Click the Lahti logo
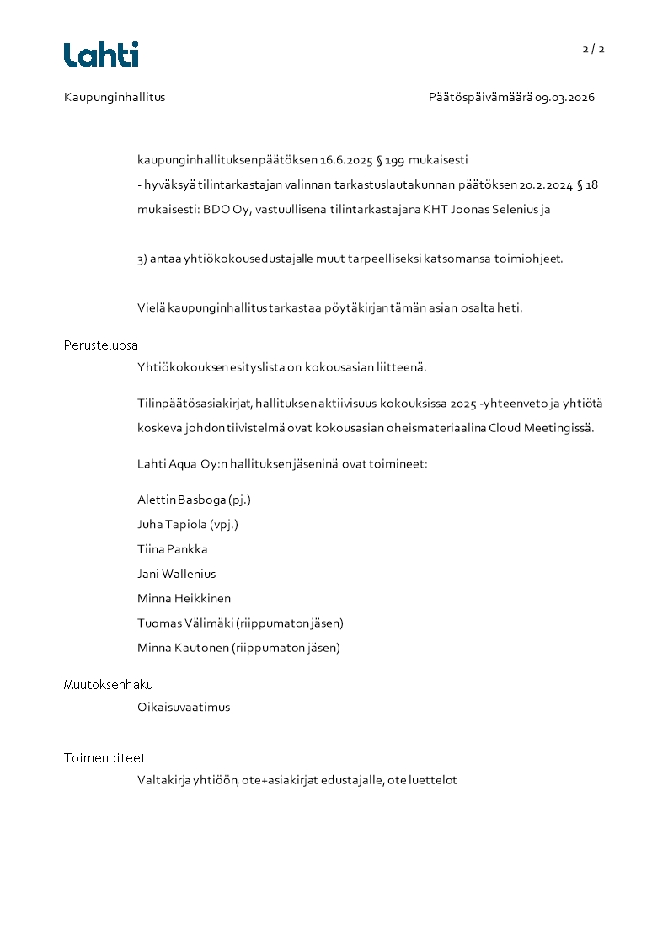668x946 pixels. [x=101, y=55]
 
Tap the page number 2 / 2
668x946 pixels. [x=593, y=49]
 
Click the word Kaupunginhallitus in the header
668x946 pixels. [x=115, y=97]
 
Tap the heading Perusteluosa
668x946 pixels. [x=101, y=345]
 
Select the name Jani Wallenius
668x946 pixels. [x=176, y=574]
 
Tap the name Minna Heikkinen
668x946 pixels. [x=184, y=598]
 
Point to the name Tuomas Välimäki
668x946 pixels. [x=185, y=623]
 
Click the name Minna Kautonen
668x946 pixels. [x=183, y=648]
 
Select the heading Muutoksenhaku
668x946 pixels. [x=109, y=685]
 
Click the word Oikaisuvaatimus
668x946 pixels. [x=184, y=707]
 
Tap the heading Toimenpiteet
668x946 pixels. [x=104, y=758]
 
